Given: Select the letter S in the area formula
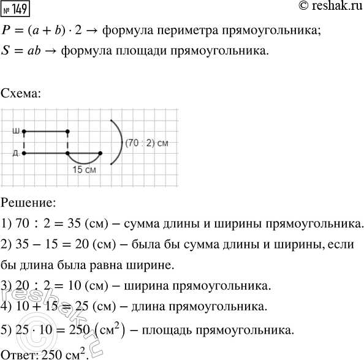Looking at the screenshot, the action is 6,53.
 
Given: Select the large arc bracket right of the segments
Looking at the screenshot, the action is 118,142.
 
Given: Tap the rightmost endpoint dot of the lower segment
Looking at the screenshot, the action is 100,152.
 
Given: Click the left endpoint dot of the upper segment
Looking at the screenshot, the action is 24,131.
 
